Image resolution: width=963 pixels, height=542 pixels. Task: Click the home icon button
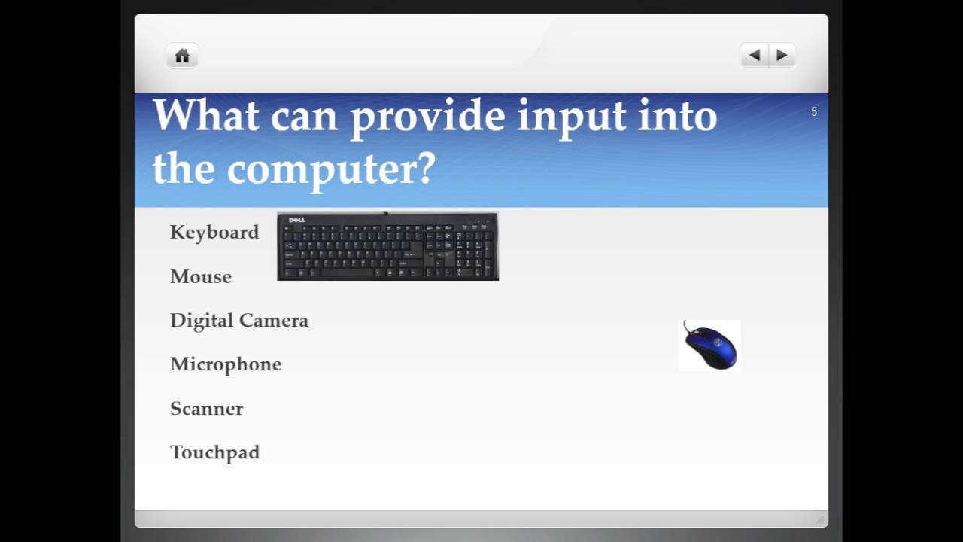click(x=182, y=56)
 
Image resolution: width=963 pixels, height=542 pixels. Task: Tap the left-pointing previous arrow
click(x=755, y=55)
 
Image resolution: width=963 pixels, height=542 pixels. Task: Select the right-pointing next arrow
click(x=782, y=55)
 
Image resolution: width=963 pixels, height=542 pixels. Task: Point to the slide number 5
click(x=813, y=112)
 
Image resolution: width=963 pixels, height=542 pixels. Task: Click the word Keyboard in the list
click(x=214, y=233)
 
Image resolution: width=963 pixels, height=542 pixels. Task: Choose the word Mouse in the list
click(x=201, y=277)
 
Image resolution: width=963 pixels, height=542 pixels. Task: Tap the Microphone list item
click(x=226, y=364)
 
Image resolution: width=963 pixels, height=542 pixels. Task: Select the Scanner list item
click(x=207, y=409)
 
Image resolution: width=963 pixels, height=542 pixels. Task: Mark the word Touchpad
click(x=215, y=452)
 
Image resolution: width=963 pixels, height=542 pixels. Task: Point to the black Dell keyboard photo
click(x=387, y=247)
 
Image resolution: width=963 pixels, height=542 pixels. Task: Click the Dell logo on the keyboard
click(x=297, y=220)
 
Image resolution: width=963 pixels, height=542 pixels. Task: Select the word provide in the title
click(x=427, y=117)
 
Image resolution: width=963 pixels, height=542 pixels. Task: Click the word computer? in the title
click(x=331, y=169)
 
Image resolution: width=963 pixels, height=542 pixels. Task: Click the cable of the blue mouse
click(x=686, y=327)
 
